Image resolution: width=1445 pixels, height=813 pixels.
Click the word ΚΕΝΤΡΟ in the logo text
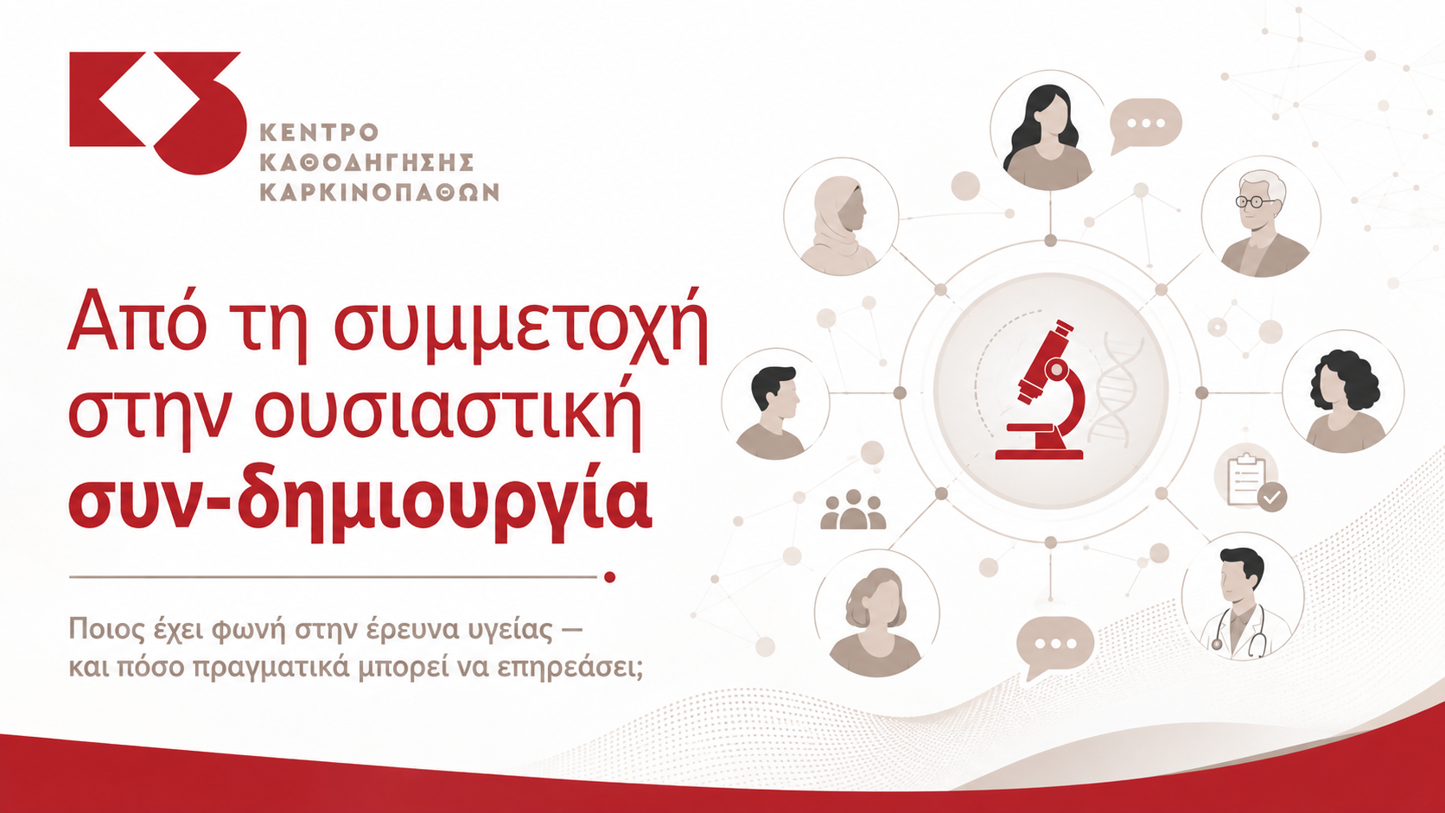pyautogui.click(x=319, y=132)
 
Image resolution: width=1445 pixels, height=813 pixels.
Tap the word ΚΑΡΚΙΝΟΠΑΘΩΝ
pyautogui.click(x=379, y=192)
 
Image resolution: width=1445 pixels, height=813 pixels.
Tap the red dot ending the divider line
pyautogui.click(x=609, y=577)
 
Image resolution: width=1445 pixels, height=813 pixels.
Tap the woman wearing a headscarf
pyautogui.click(x=841, y=216)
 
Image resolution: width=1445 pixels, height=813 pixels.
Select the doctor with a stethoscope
pyautogui.click(x=1243, y=596)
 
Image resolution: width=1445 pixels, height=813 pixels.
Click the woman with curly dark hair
pyautogui.click(x=1343, y=392)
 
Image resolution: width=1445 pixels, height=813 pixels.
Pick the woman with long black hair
pyautogui.click(x=1048, y=129)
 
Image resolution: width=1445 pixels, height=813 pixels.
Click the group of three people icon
pyautogui.click(x=853, y=510)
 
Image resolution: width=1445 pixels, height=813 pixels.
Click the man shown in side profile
pyautogui.click(x=775, y=404)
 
